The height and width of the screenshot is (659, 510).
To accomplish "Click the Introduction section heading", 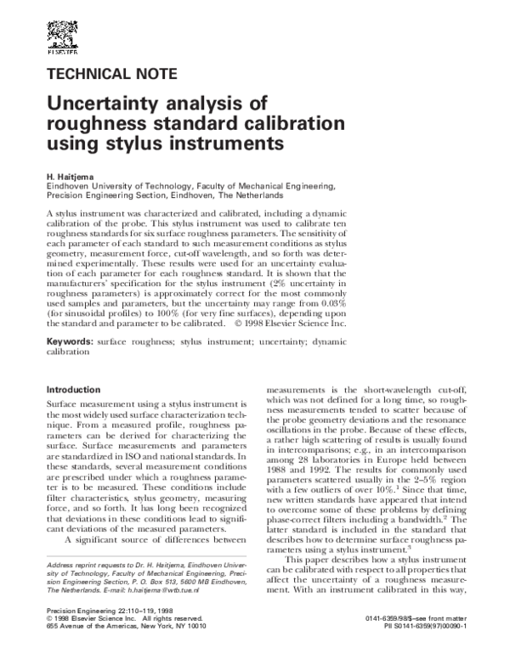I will [x=75, y=389].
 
